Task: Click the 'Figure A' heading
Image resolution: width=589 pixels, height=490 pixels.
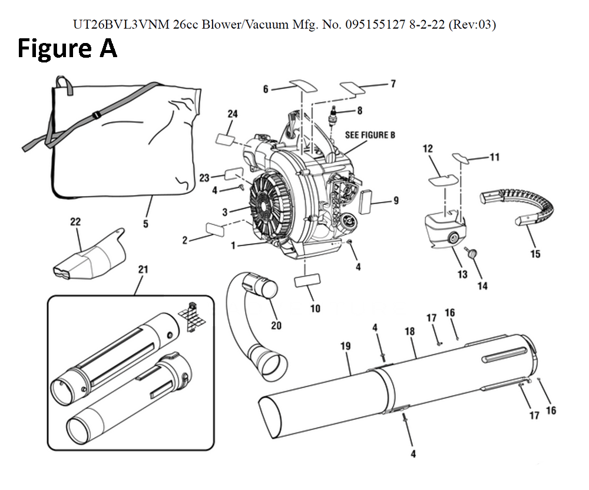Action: point(67,49)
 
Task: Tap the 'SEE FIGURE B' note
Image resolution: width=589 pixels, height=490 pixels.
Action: point(370,135)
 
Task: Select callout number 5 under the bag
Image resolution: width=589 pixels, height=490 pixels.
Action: point(145,224)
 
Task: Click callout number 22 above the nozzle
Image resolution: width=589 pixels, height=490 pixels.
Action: point(75,221)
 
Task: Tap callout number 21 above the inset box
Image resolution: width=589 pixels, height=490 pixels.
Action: point(143,269)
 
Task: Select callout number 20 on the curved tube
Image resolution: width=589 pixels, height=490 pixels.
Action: point(276,325)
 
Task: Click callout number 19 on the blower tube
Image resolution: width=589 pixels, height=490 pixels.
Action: point(346,346)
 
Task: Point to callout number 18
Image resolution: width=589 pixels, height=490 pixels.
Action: point(410,331)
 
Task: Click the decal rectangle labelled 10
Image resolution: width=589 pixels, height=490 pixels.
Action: point(307,281)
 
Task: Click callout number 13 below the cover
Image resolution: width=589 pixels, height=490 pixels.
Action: point(462,274)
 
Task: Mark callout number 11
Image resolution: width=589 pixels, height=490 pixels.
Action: point(495,157)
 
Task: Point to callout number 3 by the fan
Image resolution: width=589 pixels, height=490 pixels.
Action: point(224,212)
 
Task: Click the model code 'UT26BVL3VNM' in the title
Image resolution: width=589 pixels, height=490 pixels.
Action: point(123,25)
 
